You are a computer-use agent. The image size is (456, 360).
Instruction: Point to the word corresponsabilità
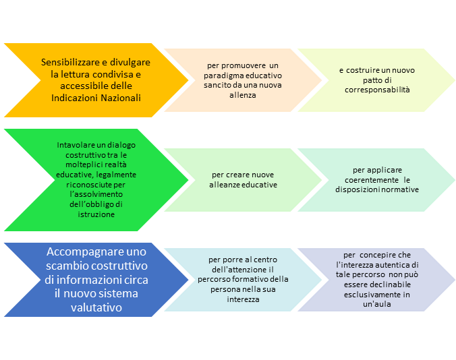click(x=377, y=90)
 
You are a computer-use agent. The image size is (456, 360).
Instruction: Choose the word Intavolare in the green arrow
click(x=78, y=144)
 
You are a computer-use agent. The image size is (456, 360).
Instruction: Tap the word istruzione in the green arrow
click(x=96, y=214)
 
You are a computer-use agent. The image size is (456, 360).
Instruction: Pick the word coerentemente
click(x=368, y=180)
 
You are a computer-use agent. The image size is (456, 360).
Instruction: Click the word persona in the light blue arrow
click(x=221, y=289)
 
